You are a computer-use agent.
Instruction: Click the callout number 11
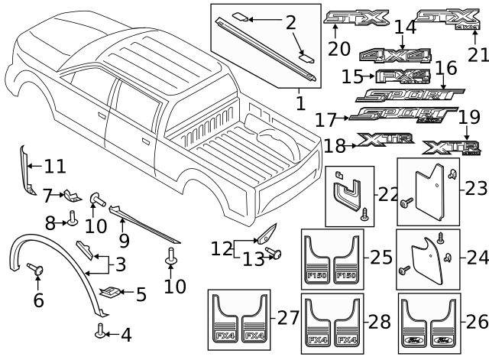[x=54, y=165]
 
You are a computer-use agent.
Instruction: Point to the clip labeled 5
[x=111, y=291]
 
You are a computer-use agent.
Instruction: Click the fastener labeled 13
[x=275, y=252]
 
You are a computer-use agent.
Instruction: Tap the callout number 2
[x=290, y=22]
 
